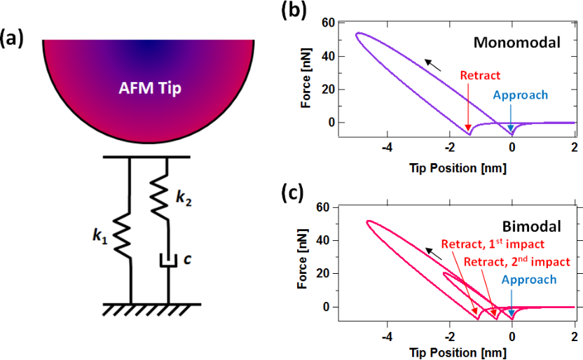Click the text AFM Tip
[147, 90]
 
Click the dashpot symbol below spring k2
[167, 261]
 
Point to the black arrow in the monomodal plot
[434, 64]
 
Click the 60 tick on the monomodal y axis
[328, 23]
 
